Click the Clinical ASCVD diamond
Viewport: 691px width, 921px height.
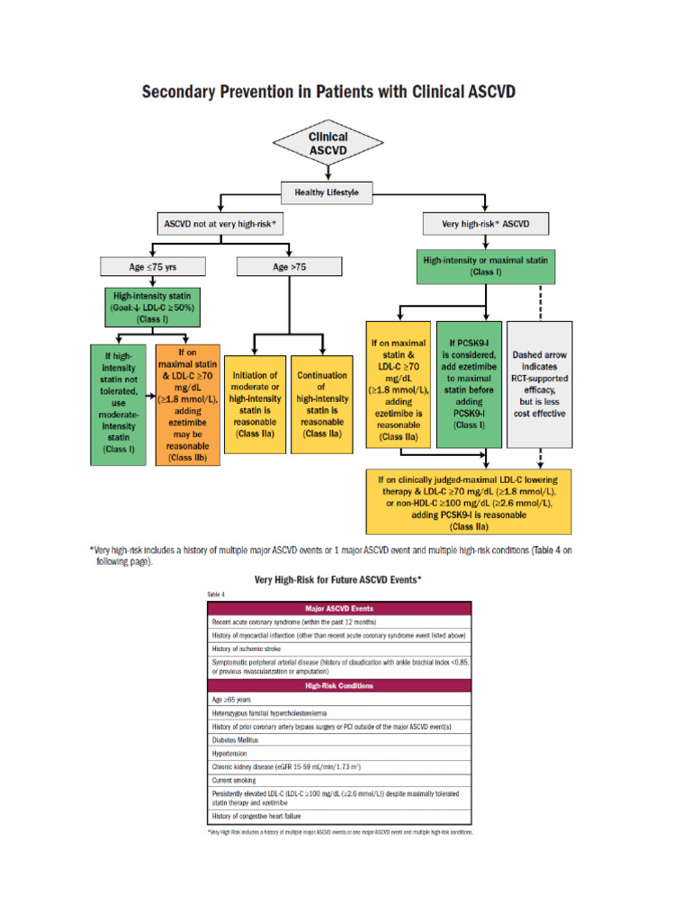(328, 143)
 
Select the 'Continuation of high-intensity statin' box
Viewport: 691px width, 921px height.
(322, 404)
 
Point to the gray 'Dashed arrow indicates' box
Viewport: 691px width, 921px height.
(539, 383)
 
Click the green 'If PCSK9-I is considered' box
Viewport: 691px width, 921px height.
(468, 383)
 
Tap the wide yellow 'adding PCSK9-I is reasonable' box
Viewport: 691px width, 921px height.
(468, 502)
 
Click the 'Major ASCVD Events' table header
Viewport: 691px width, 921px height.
(338, 608)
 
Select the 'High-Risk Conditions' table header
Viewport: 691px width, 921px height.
(338, 685)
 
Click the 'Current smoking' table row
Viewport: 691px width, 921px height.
(338, 781)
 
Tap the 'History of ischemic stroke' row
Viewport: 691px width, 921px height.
(338, 648)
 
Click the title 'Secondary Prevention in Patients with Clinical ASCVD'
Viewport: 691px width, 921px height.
(328, 93)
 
